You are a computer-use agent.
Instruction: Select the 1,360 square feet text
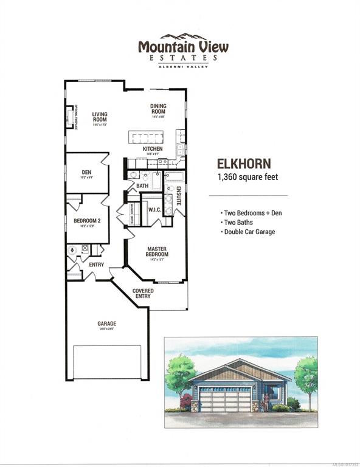[244, 177]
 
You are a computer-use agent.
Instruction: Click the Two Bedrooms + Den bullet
[248, 213]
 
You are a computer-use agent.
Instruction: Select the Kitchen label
[152, 149]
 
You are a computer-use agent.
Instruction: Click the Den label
[86, 172]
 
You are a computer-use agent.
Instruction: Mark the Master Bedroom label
[157, 251]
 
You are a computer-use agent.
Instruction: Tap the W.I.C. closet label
[154, 209]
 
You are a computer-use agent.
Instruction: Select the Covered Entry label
[143, 294]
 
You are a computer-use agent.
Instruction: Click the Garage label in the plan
[106, 324]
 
